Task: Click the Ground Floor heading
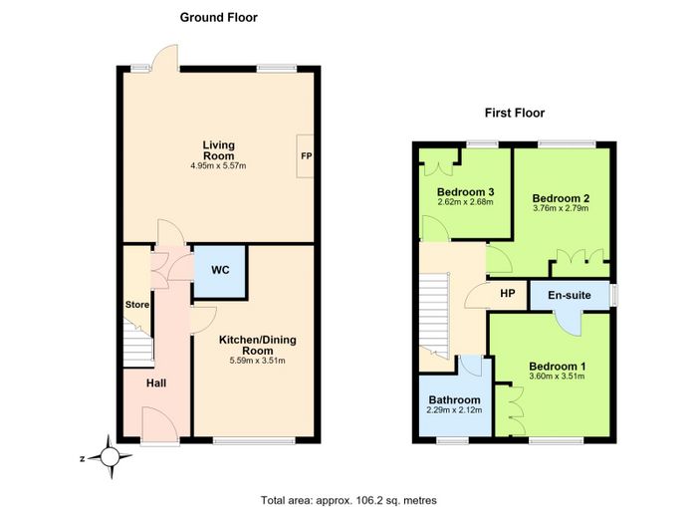(219, 18)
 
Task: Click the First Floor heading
(515, 113)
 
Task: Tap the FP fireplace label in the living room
(307, 156)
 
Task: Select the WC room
(220, 271)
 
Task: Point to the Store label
(137, 305)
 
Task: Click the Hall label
(156, 382)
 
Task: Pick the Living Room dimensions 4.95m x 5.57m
(218, 166)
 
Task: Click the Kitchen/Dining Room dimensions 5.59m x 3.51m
(257, 361)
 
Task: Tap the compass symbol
(110, 457)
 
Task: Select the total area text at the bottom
(348, 500)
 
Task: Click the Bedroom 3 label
(465, 192)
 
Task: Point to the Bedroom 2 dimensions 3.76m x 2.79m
(561, 208)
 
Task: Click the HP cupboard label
(508, 294)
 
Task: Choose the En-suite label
(570, 295)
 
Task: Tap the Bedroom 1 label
(557, 367)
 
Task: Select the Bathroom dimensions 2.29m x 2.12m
(454, 410)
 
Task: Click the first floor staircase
(434, 315)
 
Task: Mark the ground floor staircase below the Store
(138, 346)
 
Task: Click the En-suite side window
(614, 295)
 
